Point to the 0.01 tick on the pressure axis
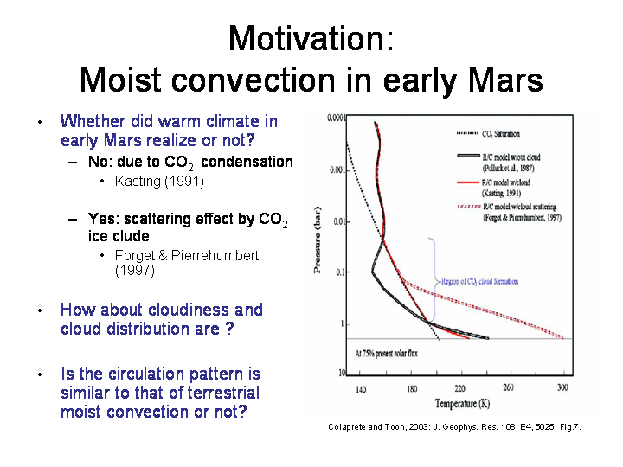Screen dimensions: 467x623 [x=340, y=222]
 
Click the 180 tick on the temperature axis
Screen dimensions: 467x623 [x=411, y=389]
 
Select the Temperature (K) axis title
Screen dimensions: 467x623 [x=460, y=404]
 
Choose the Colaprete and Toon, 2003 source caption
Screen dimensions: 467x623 [x=454, y=427]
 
